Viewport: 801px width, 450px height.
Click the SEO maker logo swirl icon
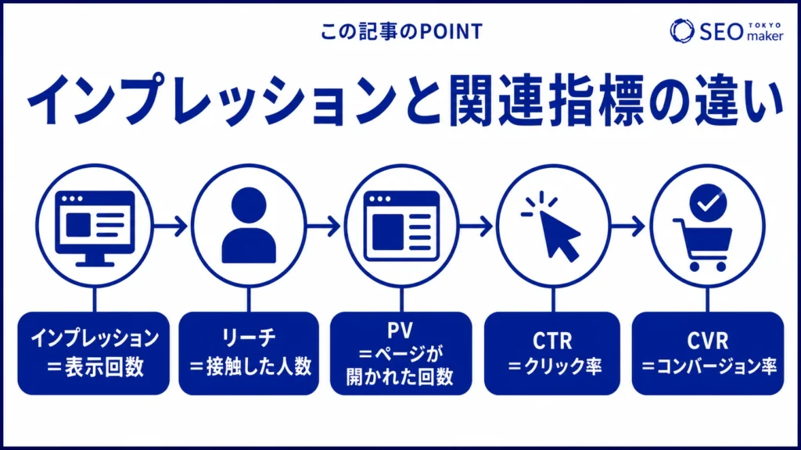point(682,30)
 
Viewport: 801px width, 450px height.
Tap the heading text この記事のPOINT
point(401,31)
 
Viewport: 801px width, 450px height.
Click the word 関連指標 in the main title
point(547,99)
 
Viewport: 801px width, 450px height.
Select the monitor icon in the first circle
point(95,228)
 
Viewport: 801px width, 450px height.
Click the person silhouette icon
point(249,226)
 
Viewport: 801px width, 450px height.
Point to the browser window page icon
point(401,226)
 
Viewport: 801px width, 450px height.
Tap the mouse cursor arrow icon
point(551,226)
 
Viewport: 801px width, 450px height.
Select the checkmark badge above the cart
point(708,202)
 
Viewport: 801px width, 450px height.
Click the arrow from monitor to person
point(171,226)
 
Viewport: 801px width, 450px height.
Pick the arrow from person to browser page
point(323,226)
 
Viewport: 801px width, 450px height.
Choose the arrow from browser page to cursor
point(476,226)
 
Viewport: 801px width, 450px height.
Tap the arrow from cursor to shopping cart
point(628,226)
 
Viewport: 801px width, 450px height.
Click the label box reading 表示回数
point(94,353)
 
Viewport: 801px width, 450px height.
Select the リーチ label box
point(249,353)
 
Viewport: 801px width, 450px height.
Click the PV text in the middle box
point(400,330)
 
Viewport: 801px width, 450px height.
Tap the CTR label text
point(552,341)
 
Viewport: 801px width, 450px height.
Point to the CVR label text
point(707,341)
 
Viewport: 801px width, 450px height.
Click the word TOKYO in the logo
point(765,25)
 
